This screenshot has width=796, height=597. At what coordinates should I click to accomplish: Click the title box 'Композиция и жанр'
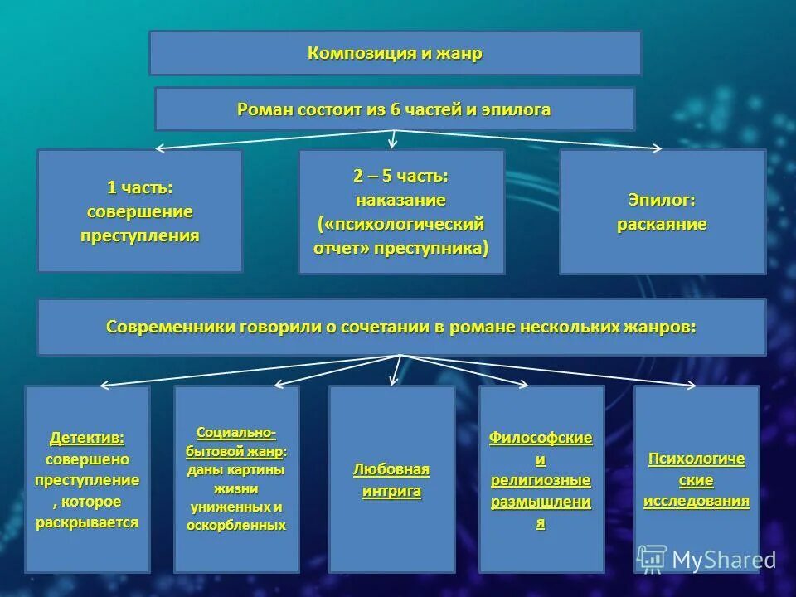coord(395,54)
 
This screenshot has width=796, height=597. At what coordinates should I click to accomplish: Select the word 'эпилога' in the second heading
coord(521,109)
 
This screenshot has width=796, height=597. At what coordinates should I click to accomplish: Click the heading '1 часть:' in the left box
coord(139,187)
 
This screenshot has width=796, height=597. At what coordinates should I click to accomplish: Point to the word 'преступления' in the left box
coord(139,235)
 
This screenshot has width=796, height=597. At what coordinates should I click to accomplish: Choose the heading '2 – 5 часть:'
coord(400,176)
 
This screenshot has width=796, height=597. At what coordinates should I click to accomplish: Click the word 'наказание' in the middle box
coord(400,200)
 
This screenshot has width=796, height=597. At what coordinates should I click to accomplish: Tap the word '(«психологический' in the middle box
coord(400,224)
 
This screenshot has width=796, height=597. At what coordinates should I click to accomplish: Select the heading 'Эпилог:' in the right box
coord(662,200)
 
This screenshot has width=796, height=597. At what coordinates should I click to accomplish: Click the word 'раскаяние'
coord(662,225)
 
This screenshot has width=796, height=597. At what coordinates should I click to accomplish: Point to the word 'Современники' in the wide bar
coord(171,327)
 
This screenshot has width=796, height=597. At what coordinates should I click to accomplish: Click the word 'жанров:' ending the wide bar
coord(666,327)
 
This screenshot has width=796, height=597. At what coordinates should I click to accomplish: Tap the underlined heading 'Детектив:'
coord(87,437)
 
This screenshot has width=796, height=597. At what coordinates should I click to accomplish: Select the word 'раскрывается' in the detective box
coord(87,523)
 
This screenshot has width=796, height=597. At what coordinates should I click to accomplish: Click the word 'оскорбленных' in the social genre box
coord(236,525)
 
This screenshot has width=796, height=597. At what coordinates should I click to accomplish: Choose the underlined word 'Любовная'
coord(391,470)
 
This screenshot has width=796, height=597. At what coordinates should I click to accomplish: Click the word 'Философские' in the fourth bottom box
coord(541,437)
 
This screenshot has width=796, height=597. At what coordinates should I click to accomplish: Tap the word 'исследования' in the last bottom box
coord(696,501)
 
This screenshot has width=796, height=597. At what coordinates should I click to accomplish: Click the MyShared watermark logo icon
coord(652,559)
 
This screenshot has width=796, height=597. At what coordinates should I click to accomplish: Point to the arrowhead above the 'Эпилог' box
coord(656,149)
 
